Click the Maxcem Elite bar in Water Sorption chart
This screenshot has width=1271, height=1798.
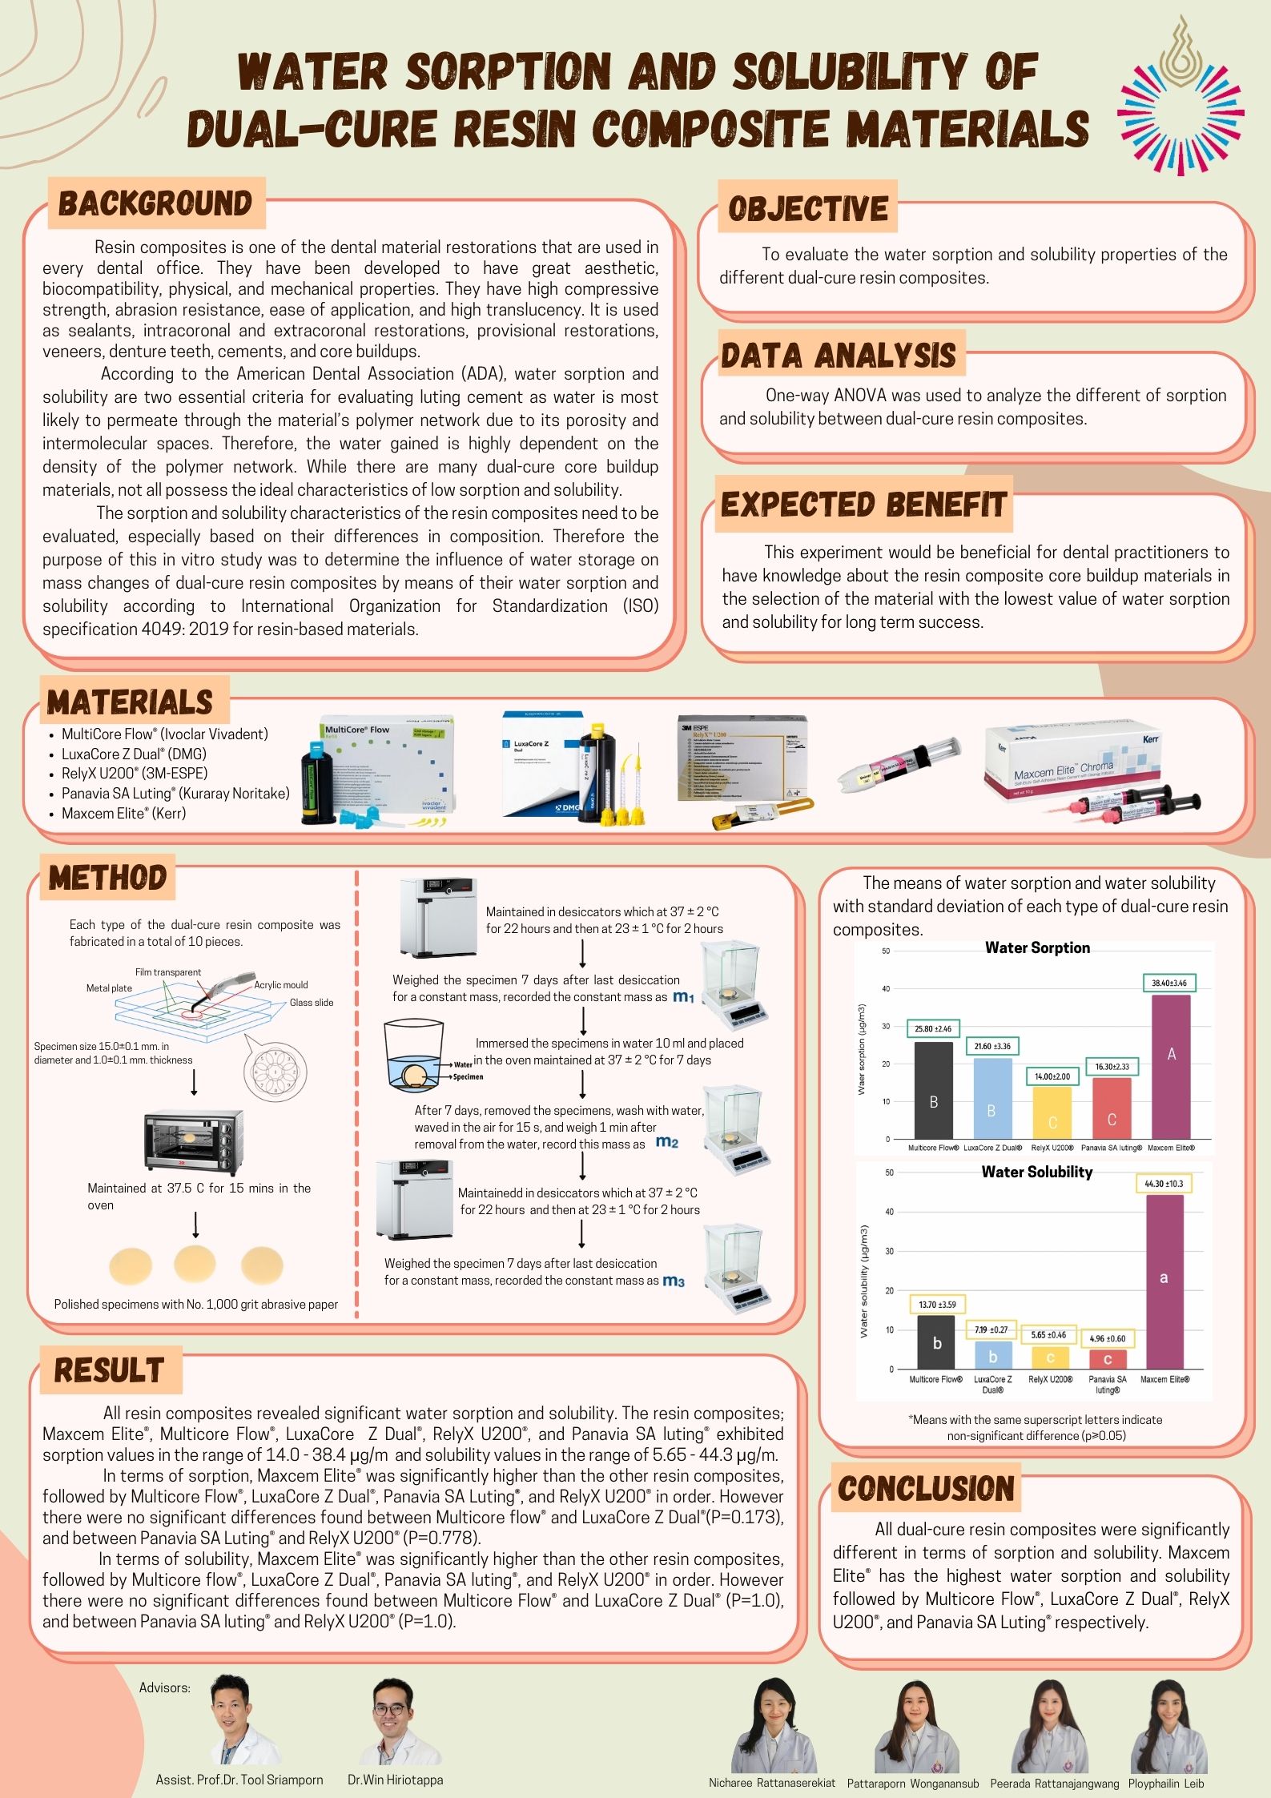(1170, 1066)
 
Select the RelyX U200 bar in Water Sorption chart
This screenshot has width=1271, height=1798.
(1052, 1112)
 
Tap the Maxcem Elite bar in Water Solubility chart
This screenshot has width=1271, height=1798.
(1164, 1281)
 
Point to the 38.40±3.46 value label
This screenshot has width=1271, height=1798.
(1169, 983)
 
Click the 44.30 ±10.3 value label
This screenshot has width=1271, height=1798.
(1164, 1183)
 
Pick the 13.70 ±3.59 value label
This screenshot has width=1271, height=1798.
(937, 1305)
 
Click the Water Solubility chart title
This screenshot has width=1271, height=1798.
(1036, 1172)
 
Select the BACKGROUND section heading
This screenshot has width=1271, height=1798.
(155, 203)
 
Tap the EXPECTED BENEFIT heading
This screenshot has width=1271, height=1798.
(863, 505)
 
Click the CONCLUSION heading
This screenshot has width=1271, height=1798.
(926, 1489)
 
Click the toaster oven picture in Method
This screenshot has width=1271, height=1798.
(195, 1140)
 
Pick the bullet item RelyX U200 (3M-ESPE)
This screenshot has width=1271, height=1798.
(135, 773)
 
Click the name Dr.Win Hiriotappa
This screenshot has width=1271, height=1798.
(395, 1780)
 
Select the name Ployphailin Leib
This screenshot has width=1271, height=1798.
(1166, 1784)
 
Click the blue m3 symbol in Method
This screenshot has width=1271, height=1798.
(674, 1281)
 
